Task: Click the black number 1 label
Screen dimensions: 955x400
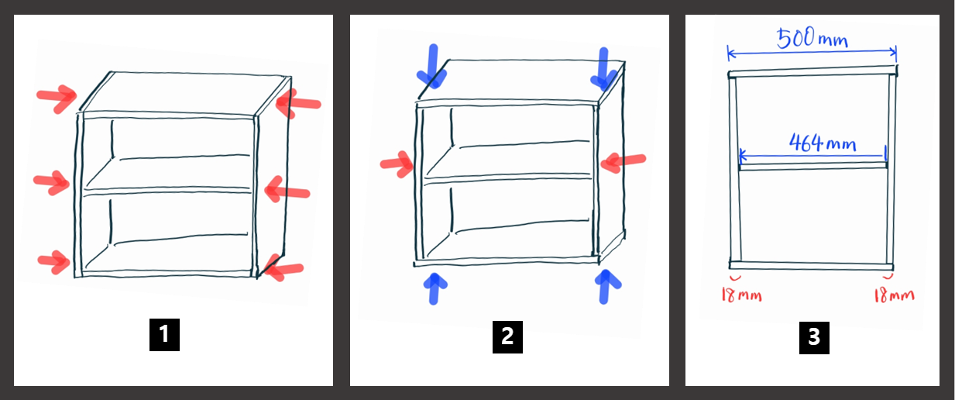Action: [x=164, y=335]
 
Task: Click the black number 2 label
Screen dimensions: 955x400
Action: [x=507, y=336]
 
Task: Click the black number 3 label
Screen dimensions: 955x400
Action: [x=814, y=338]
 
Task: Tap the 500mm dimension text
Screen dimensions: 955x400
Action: [x=812, y=38]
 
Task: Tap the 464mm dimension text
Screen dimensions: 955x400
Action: [x=823, y=143]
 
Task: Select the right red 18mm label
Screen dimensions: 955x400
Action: [x=894, y=295]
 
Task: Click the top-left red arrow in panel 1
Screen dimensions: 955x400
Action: [x=57, y=98]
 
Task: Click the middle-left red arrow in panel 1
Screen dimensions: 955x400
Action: [x=52, y=182]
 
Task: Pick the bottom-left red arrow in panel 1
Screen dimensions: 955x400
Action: [x=54, y=261]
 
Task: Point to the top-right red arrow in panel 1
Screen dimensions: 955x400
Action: [x=298, y=103]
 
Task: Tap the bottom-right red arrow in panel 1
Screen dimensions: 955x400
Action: [x=283, y=268]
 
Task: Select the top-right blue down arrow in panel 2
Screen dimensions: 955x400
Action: [x=603, y=69]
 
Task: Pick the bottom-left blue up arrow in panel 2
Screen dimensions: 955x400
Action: [x=435, y=288]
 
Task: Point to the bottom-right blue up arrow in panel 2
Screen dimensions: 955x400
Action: [x=606, y=287]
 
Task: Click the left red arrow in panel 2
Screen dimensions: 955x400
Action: [x=397, y=164]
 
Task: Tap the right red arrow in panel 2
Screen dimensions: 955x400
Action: [x=623, y=162]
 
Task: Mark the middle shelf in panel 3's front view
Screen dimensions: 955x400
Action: [x=813, y=166]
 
